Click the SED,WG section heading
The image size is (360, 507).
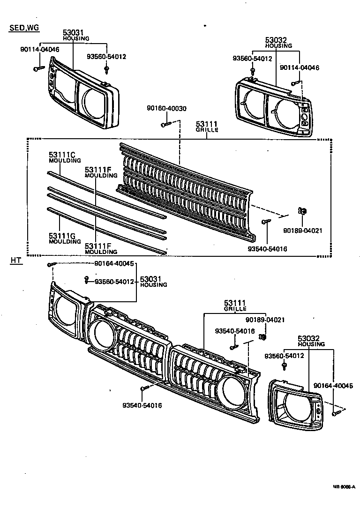24,28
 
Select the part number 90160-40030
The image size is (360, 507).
166,108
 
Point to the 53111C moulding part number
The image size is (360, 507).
62,154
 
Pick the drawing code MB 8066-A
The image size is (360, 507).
344,500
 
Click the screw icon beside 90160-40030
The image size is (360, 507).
165,124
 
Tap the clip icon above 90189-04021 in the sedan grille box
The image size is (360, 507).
302,212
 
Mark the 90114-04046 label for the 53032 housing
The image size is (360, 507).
299,67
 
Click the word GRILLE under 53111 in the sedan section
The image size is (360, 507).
207,130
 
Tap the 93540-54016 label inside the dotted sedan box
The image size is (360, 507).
268,249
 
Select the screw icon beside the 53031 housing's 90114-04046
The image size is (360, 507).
37,69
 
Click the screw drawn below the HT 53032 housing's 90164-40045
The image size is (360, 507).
336,413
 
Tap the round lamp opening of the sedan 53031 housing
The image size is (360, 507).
93,101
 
